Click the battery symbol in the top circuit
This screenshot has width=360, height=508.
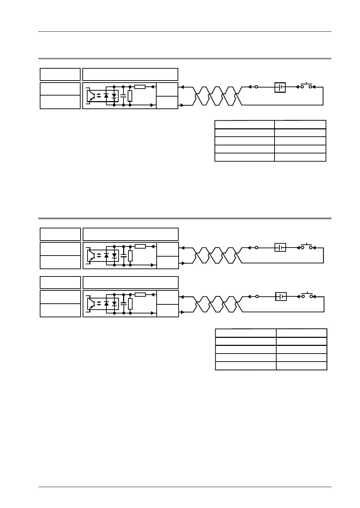point(280,87)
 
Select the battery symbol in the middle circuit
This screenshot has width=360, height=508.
point(280,248)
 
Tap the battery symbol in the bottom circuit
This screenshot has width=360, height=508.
point(281,296)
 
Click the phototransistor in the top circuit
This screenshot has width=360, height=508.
point(90,95)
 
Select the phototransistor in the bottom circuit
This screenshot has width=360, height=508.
point(91,304)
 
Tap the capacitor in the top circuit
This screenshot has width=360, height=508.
point(123,95)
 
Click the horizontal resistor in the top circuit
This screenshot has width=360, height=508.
point(140,86)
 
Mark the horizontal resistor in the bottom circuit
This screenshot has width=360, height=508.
point(140,295)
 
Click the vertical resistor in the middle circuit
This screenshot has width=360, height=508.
point(130,256)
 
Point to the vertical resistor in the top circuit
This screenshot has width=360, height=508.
point(130,96)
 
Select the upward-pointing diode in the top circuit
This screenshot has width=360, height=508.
point(106,95)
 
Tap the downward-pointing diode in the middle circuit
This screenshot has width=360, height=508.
point(114,256)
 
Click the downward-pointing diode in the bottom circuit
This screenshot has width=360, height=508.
point(114,304)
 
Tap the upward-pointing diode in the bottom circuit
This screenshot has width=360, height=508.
point(106,304)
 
